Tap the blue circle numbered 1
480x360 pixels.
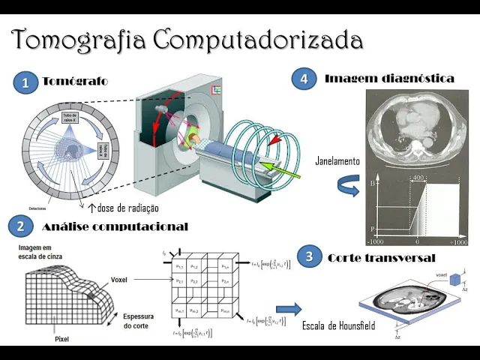coord(25,83)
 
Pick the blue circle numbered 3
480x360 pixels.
coord(309,257)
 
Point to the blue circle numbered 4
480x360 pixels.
coord(303,79)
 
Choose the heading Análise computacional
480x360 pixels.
coord(115,226)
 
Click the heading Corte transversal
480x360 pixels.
coord(381,258)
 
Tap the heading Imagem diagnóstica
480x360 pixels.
coord(389,78)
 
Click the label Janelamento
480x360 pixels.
coord(338,161)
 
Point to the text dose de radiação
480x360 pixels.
coord(128,208)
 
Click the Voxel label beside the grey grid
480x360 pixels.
coord(118,280)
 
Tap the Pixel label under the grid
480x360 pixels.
coord(63,339)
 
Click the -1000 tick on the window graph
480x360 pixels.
coord(375,243)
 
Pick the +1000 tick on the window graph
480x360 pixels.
coord(458,243)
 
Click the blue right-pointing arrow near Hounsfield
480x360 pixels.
coord(288,309)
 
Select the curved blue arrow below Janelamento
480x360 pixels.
coord(346,184)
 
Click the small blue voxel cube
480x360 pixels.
coord(454,279)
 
